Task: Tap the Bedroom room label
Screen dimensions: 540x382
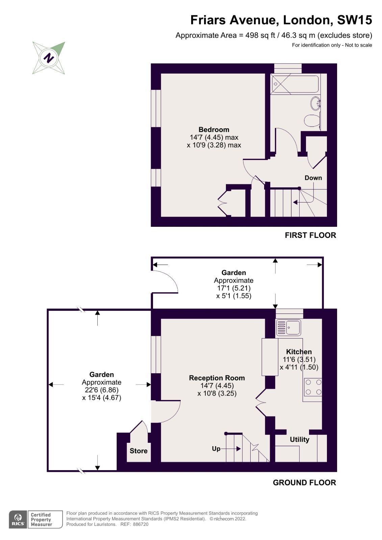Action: pos(214,130)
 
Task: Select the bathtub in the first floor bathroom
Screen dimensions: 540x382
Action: pos(295,84)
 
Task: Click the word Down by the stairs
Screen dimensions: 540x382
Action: pos(313,178)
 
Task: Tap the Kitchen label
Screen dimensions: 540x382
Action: pos(299,352)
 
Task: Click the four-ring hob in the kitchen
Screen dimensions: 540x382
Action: pos(313,387)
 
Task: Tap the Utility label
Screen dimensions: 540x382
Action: pos(299,439)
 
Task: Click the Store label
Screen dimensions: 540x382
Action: pos(138,451)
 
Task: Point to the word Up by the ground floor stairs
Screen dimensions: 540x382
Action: pos(216,449)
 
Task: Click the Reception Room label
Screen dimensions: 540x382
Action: pos(217,378)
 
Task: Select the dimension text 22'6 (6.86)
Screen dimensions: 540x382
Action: pos(101,390)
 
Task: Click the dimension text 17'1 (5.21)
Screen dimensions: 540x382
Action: pos(234,288)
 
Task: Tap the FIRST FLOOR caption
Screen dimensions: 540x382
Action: pos(310,235)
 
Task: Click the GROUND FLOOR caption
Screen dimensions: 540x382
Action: pos(304,483)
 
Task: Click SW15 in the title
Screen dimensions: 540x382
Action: pos(354,20)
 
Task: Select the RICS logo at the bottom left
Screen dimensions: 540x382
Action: pos(18,519)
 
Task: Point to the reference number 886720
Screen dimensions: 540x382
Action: pos(141,524)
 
